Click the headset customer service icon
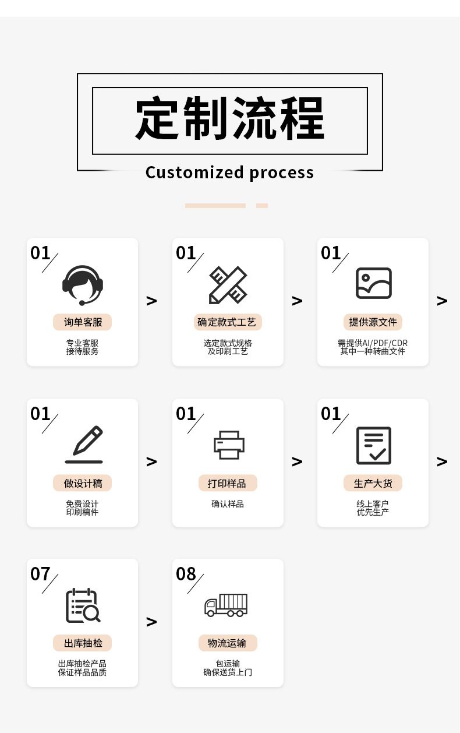(x=82, y=285)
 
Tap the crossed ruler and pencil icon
(x=228, y=285)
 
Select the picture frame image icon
(x=373, y=283)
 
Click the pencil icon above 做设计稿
(x=84, y=445)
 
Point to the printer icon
(x=228, y=445)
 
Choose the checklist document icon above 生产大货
(x=373, y=446)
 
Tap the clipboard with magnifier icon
(x=83, y=606)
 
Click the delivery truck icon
(x=226, y=605)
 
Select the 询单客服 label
(x=82, y=322)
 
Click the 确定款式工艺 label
(x=228, y=322)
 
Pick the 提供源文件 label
(x=373, y=322)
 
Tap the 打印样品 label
(x=228, y=483)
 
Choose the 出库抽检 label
(x=82, y=643)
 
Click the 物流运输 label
(x=228, y=643)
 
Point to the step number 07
(x=40, y=574)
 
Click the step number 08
(x=186, y=574)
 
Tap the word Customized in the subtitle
(x=194, y=172)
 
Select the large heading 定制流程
(x=230, y=119)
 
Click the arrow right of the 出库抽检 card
(x=151, y=622)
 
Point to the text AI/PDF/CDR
(x=385, y=343)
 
